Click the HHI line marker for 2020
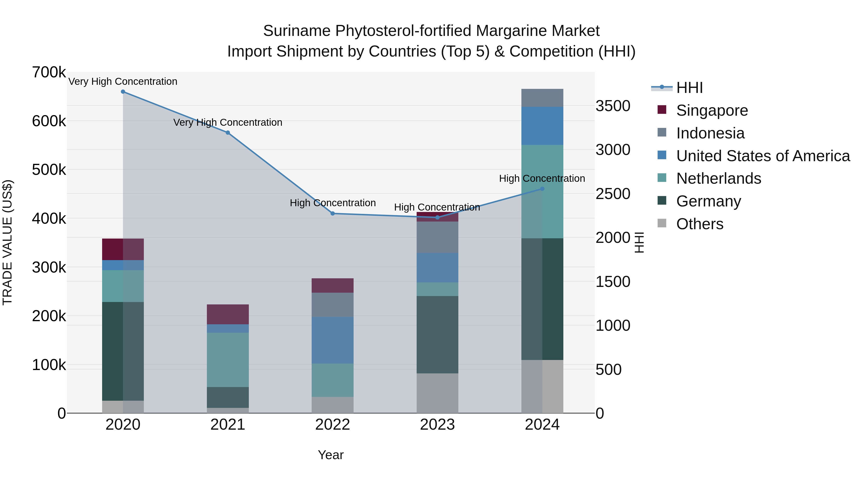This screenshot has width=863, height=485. (123, 92)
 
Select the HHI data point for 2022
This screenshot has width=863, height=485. (333, 214)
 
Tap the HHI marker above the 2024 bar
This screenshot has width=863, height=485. (542, 189)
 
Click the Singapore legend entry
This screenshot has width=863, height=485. (712, 110)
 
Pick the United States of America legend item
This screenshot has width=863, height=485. (763, 156)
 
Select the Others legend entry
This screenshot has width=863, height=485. (700, 224)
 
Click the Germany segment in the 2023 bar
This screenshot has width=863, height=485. (437, 335)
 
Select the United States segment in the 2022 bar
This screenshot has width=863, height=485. (333, 340)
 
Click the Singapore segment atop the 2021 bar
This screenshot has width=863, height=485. (228, 314)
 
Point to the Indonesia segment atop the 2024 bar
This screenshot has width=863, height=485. (542, 98)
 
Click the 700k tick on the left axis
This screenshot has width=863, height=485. (49, 72)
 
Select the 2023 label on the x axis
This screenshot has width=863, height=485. (437, 425)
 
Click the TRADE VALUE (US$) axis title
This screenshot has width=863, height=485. (7, 243)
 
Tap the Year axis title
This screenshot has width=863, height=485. (331, 455)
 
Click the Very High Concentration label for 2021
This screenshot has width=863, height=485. (228, 122)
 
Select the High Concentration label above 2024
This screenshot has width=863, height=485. (542, 179)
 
